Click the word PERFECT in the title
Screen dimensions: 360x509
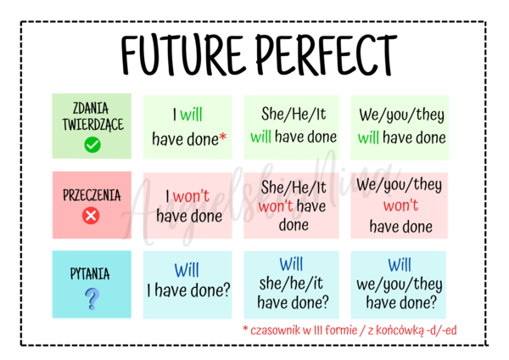tap(326, 53)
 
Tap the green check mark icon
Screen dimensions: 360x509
tap(92, 144)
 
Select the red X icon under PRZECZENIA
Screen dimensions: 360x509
tap(92, 216)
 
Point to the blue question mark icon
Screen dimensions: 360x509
tap(92, 298)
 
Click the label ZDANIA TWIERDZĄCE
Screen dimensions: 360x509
tap(92, 116)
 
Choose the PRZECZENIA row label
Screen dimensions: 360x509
tap(92, 195)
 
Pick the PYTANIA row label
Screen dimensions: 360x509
tap(92, 274)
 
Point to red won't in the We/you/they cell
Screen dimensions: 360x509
tap(400, 205)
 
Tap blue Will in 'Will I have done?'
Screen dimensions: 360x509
tap(187, 271)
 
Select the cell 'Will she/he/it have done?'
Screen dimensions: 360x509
tap(292, 284)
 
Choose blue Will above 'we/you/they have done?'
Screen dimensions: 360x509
tap(400, 265)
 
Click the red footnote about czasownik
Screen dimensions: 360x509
tap(350, 329)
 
